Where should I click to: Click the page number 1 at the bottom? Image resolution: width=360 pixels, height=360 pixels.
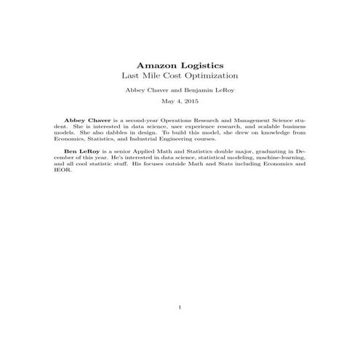coord(180,308)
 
